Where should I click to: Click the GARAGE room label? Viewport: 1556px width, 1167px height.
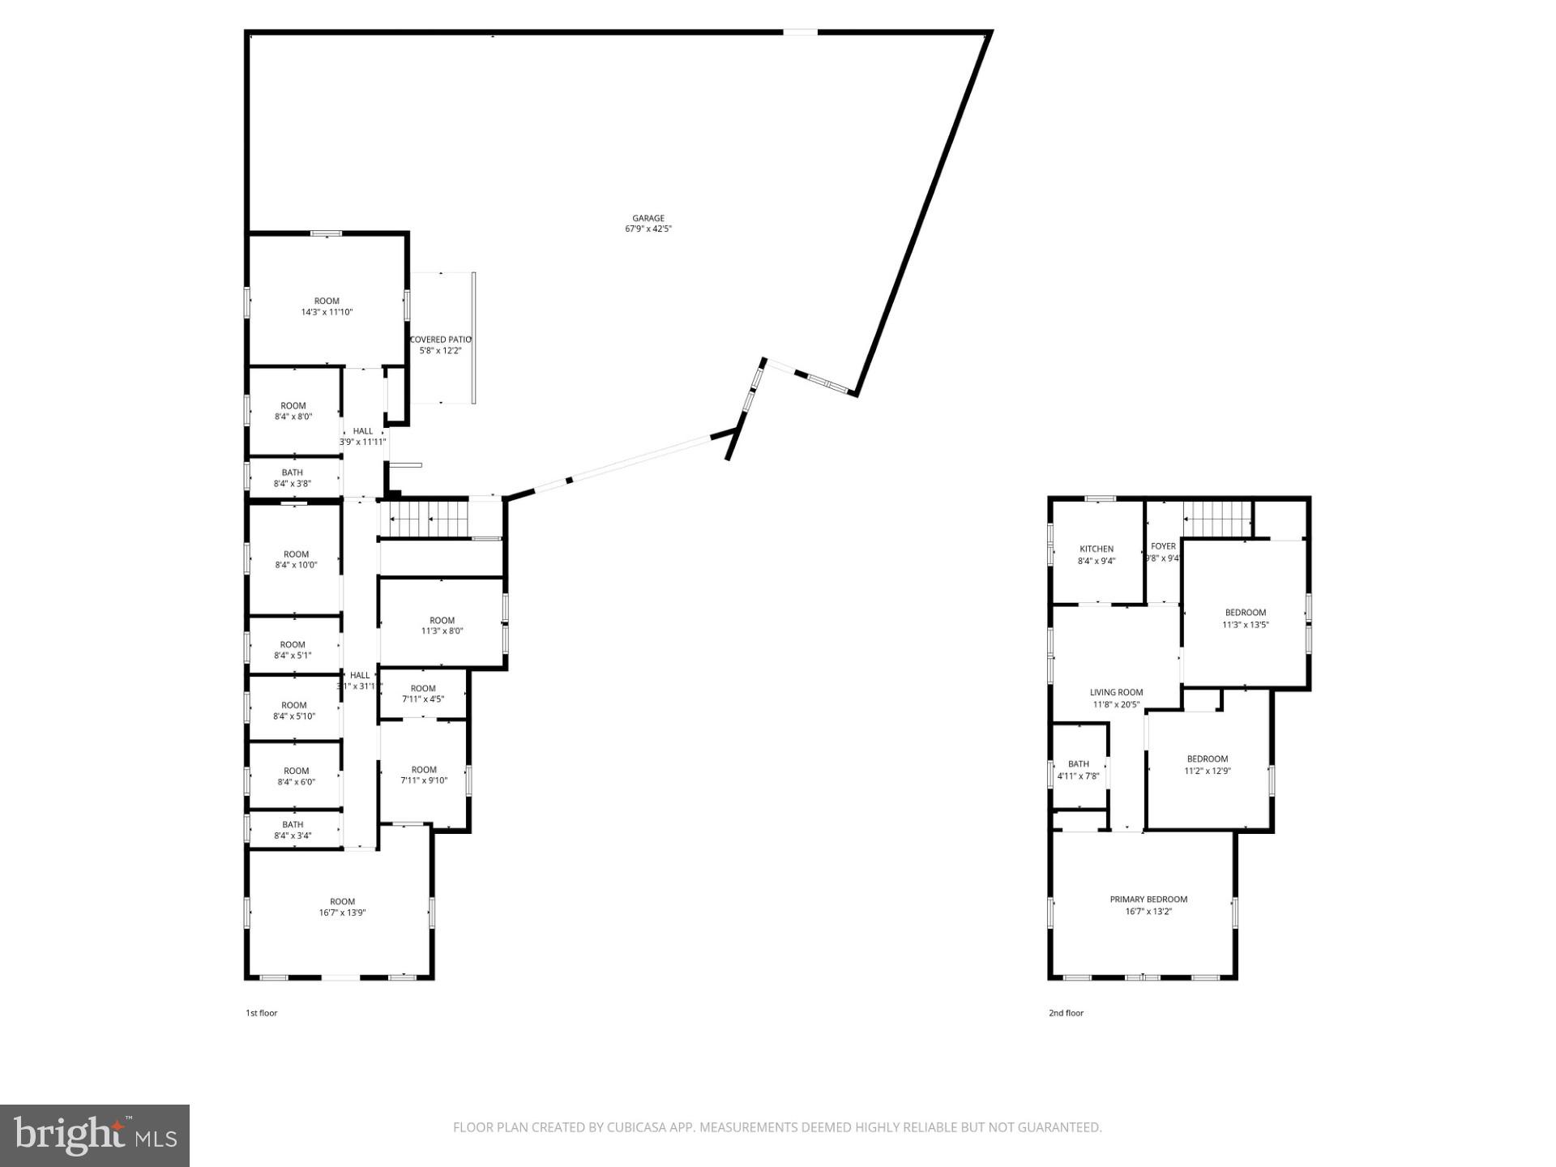(648, 218)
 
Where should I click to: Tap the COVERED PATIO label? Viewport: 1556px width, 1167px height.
(440, 340)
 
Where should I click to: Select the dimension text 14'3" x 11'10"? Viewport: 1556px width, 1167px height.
(327, 312)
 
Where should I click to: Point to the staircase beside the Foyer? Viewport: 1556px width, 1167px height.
(1216, 519)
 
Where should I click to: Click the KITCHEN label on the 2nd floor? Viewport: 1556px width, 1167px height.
(1096, 549)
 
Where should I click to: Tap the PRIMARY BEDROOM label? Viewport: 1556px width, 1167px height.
(1148, 899)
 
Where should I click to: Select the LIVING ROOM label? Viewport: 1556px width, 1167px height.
(1116, 692)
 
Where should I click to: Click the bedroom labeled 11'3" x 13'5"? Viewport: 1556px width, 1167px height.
(1245, 618)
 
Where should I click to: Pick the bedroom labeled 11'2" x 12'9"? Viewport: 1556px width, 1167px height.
(1208, 764)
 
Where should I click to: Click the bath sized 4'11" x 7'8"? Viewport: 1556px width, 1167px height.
(1079, 769)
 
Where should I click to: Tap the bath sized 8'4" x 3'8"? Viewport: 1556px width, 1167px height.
(293, 477)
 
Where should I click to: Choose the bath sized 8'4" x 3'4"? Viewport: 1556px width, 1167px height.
(293, 830)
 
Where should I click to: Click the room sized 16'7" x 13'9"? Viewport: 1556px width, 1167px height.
(342, 906)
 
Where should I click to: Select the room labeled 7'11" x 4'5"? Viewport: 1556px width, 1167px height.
(423, 693)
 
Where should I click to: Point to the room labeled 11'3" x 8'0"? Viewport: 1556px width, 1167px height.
(442, 625)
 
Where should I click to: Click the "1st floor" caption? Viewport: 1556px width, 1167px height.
(262, 1013)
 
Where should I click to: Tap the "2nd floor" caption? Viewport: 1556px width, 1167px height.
(1066, 1013)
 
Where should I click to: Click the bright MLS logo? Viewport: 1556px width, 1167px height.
(95, 1135)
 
